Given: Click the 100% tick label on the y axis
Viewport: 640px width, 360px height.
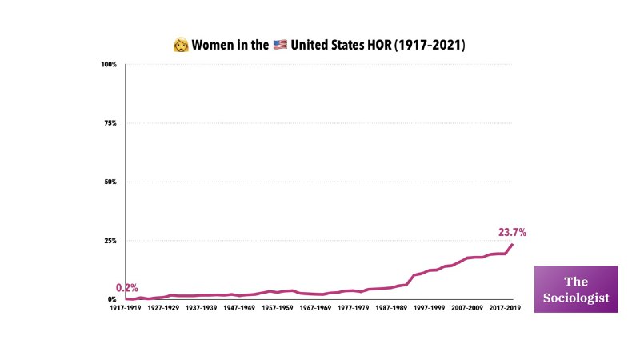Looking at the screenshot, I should pyautogui.click(x=109, y=64).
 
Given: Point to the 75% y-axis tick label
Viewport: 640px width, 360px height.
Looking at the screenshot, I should pyautogui.click(x=110, y=123).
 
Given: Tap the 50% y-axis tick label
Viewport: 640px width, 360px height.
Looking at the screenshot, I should pyautogui.click(x=110, y=182).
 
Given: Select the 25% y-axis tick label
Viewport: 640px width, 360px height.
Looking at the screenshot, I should pyautogui.click(x=110, y=241).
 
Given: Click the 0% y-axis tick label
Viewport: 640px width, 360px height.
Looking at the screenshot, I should pyautogui.click(x=112, y=299).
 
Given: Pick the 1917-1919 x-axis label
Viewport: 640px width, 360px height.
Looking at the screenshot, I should pyautogui.click(x=126, y=308).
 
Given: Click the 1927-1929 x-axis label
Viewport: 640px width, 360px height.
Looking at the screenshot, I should pyautogui.click(x=164, y=308).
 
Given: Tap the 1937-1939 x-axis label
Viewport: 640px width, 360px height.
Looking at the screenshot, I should pyautogui.click(x=202, y=308).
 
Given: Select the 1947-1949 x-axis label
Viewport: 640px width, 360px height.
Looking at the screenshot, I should pyautogui.click(x=239, y=308).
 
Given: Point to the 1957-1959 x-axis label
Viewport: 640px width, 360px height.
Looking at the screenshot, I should pyautogui.click(x=277, y=308).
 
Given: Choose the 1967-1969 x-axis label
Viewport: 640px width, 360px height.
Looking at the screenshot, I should pyautogui.click(x=314, y=308).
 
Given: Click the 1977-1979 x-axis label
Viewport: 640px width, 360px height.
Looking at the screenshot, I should pyautogui.click(x=353, y=308).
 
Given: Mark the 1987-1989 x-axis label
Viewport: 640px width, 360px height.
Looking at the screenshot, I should pyautogui.click(x=390, y=308).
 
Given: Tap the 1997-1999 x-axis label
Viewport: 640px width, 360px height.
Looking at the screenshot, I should pyautogui.click(x=428, y=308).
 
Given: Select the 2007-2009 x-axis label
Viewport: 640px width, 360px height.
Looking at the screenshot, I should pyautogui.click(x=466, y=308).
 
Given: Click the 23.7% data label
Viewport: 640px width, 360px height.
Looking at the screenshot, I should pyautogui.click(x=512, y=233).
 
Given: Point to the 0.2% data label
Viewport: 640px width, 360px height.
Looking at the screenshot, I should pyautogui.click(x=126, y=288).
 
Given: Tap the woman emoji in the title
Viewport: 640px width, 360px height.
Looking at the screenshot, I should pyautogui.click(x=181, y=46).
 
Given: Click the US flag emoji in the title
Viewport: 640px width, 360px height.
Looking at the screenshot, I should pyautogui.click(x=280, y=46).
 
